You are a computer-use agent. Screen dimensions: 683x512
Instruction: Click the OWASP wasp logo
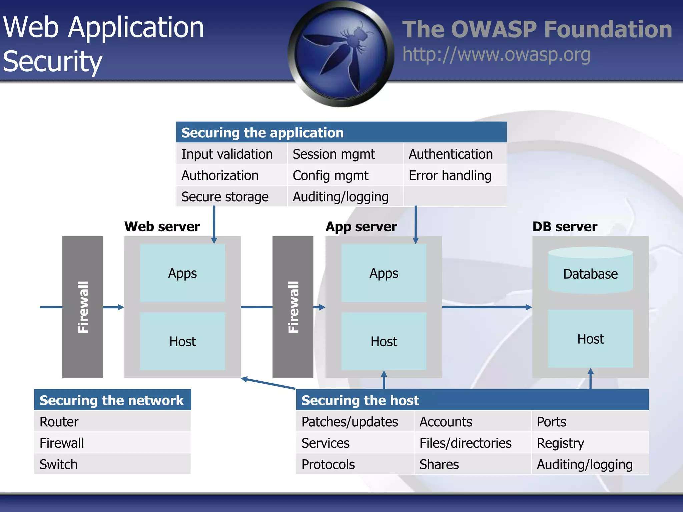pyautogui.click(x=341, y=54)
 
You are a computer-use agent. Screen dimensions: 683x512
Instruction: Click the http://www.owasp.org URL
pyautogui.click(x=496, y=55)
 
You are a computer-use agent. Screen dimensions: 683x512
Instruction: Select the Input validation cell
pyautogui.click(x=231, y=154)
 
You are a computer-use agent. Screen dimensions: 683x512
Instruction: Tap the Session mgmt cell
pyautogui.click(x=345, y=154)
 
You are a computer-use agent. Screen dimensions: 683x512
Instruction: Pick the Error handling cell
pyautogui.click(x=455, y=175)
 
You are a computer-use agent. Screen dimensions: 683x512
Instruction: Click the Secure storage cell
pyautogui.click(x=231, y=197)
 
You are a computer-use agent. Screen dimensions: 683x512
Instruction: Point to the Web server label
pyautogui.click(x=162, y=227)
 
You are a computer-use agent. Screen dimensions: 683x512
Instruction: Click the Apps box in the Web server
pyautogui.click(x=182, y=273)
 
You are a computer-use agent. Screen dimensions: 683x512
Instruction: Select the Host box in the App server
pyautogui.click(x=384, y=341)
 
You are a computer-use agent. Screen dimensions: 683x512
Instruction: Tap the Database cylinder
pyautogui.click(x=591, y=270)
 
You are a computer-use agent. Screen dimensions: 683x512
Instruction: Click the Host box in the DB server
pyautogui.click(x=591, y=339)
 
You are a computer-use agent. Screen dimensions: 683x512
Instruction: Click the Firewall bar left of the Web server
pyautogui.click(x=83, y=307)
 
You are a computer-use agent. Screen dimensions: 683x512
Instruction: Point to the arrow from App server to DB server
pyautogui.click(x=487, y=307)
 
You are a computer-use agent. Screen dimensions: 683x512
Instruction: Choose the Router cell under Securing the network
pyautogui.click(x=112, y=422)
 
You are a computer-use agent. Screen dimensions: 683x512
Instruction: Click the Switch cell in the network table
pyautogui.click(x=112, y=464)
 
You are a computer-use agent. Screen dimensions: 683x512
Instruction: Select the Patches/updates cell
pyautogui.click(x=355, y=422)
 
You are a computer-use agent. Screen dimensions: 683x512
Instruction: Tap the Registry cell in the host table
pyautogui.click(x=590, y=443)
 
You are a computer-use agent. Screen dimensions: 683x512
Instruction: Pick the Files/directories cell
pyautogui.click(x=473, y=443)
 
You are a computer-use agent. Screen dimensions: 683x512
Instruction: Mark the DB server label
pyautogui.click(x=565, y=227)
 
